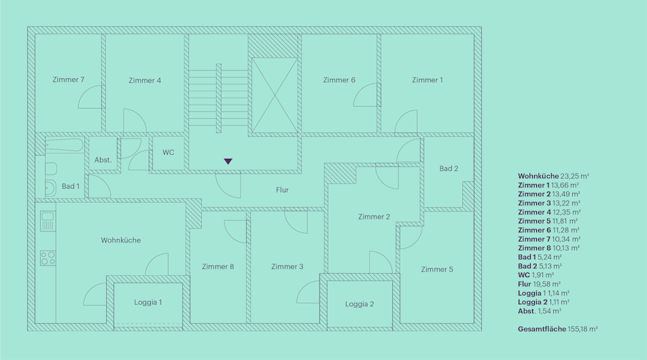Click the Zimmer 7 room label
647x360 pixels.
click(69, 79)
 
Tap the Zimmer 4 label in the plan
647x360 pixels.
click(144, 80)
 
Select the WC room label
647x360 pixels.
click(169, 152)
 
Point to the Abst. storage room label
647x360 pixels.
click(103, 160)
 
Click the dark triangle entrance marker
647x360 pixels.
click(228, 161)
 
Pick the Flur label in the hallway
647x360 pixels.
click(282, 190)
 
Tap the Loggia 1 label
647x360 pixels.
click(147, 302)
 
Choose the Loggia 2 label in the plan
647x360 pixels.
click(360, 304)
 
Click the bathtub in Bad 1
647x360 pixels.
click(65, 145)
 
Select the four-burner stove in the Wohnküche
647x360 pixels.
click(48, 258)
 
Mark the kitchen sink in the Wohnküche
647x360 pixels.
click(48, 221)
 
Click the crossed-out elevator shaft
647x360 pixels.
click(275, 95)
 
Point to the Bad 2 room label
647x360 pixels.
click(449, 168)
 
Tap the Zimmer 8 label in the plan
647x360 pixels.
click(218, 267)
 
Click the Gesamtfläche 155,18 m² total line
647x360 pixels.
click(558, 329)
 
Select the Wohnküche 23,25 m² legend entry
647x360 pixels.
click(553, 176)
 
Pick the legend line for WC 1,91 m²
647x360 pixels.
click(536, 275)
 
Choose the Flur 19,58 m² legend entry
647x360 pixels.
click(539, 284)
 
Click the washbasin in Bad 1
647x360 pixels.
click(50, 188)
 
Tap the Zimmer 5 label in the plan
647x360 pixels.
click(437, 270)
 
